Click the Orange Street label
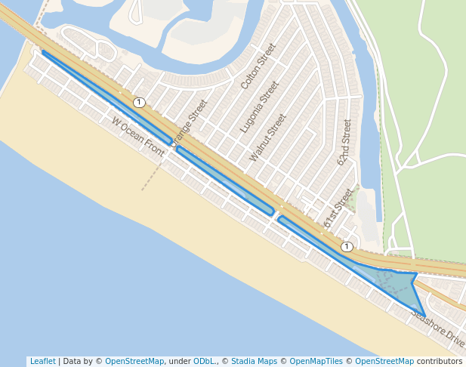[189, 122]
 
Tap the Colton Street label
[258, 66]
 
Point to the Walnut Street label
[268, 137]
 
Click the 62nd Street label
[344, 142]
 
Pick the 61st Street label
[338, 208]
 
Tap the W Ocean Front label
[137, 137]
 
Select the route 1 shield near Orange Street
[139, 102]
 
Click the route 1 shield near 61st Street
[347, 247]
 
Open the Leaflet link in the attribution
[42, 362]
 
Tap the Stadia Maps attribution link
[255, 362]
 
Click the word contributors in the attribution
[440, 362]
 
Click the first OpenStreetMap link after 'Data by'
[134, 362]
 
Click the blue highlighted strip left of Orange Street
[106, 96]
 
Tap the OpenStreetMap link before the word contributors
[384, 362]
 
